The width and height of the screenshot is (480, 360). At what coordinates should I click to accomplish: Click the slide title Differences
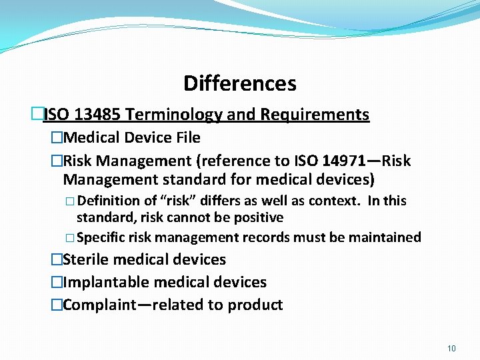240,83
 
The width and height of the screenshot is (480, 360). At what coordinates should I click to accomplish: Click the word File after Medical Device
186,137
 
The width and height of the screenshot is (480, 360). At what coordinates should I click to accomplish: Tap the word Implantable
102,282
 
